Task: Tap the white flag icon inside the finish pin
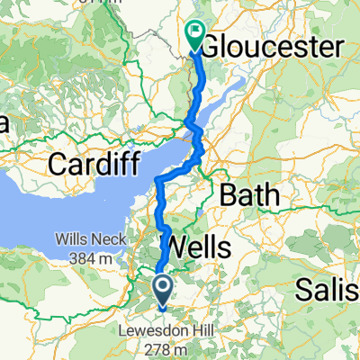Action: [195, 31]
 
